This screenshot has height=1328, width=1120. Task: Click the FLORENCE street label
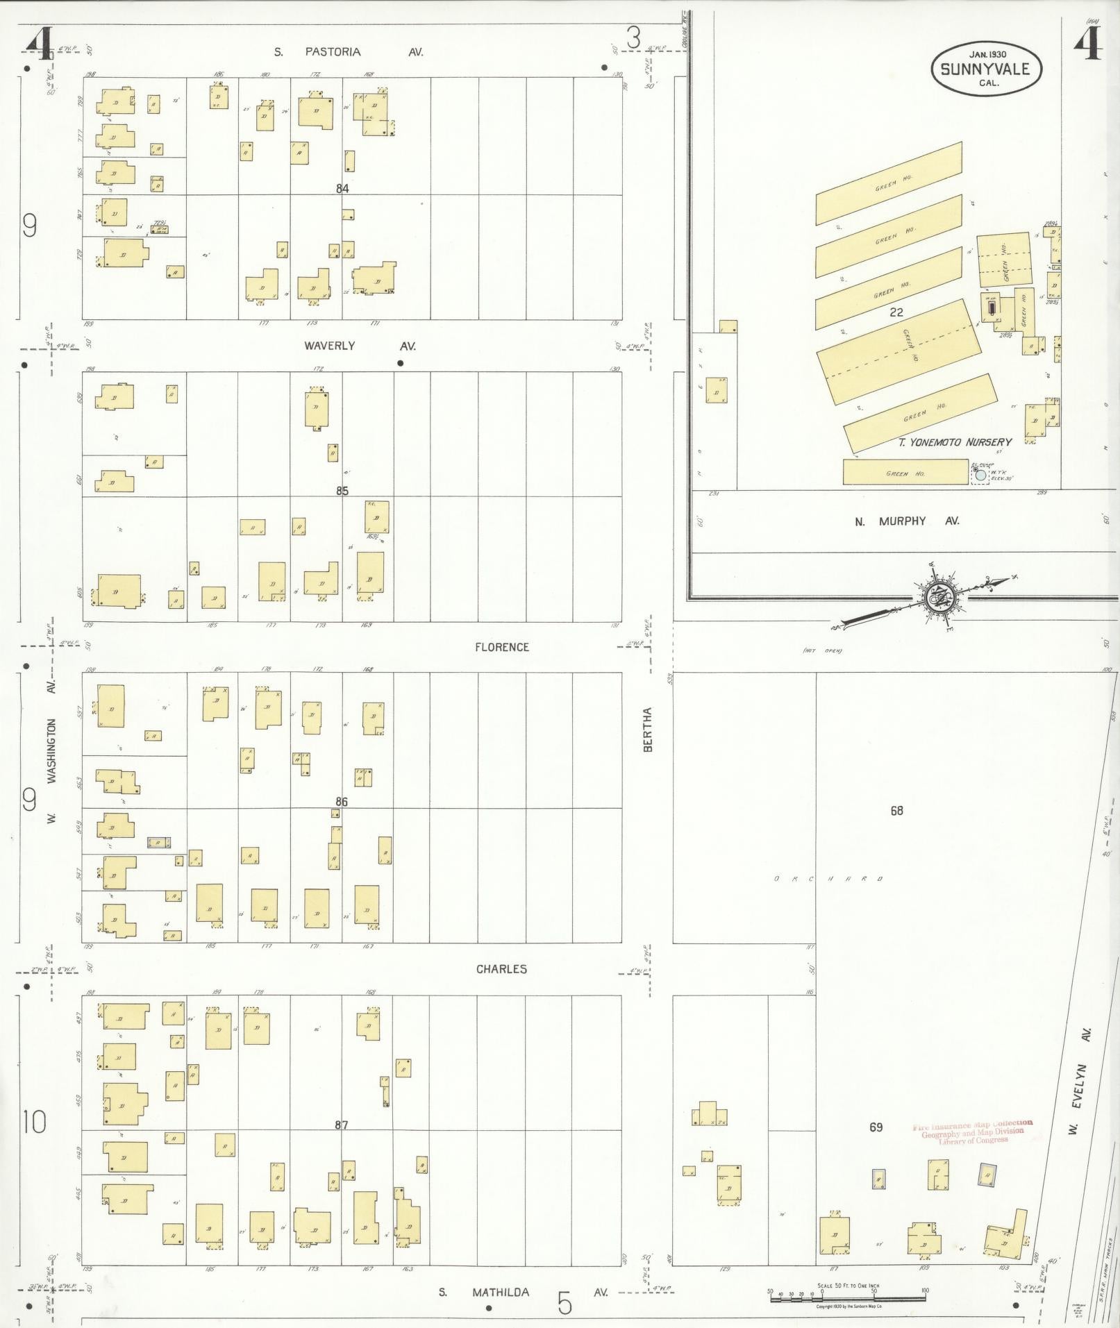(501, 647)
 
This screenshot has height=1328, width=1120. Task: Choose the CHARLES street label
(501, 969)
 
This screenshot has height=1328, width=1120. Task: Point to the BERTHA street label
(648, 730)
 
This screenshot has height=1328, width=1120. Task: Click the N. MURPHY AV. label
(907, 521)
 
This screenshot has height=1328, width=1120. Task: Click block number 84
(342, 188)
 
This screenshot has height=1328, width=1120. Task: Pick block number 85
(342, 491)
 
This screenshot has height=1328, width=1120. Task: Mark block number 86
(341, 802)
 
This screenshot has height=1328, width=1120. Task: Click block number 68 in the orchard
(896, 810)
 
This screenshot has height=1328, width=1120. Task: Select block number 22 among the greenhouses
(896, 312)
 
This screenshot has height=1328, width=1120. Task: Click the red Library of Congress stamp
(972, 1132)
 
